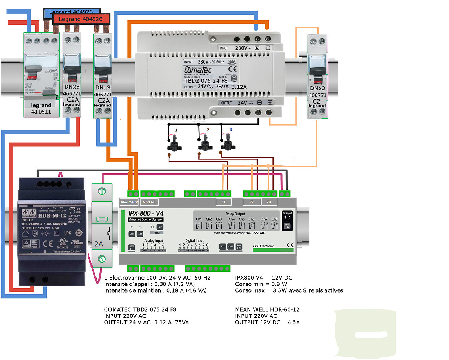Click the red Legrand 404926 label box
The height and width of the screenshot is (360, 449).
[81, 19]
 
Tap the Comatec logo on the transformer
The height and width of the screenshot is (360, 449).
[198, 69]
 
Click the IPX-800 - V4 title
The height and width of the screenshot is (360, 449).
[146, 213]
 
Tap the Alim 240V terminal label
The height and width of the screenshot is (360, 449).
[129, 202]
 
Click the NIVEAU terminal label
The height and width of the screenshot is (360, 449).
[149, 202]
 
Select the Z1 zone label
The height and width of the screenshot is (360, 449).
[223, 202]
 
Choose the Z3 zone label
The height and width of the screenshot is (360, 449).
[269, 202]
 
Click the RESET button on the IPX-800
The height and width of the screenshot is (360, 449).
[157, 233]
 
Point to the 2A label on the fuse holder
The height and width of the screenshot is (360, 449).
[99, 244]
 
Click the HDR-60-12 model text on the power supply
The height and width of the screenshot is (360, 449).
[52, 216]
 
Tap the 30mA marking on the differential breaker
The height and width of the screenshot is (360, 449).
[52, 71]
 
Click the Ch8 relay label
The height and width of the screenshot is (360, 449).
[275, 219]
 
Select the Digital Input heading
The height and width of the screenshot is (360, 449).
[194, 241]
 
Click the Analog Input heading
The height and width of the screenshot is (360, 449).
[154, 241]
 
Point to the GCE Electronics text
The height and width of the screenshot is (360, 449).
[264, 246]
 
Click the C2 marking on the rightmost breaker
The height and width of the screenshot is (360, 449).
[316, 101]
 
